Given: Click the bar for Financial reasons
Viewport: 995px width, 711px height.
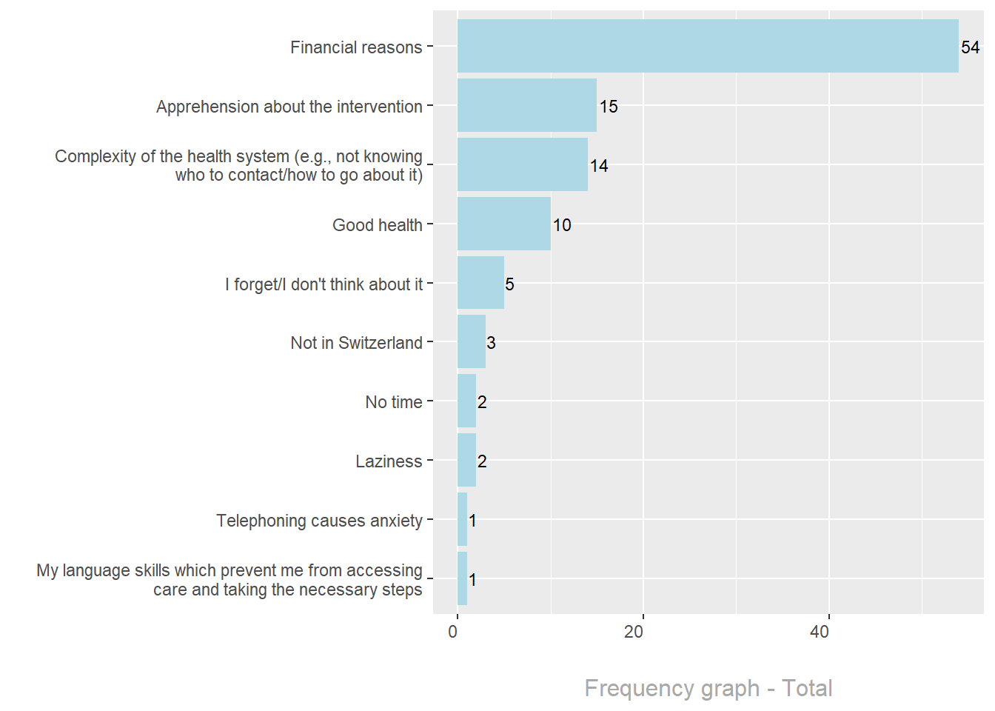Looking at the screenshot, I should (708, 46).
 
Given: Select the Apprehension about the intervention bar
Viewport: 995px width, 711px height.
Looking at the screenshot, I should (526, 105).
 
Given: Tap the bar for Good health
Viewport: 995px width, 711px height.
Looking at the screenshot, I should (503, 224).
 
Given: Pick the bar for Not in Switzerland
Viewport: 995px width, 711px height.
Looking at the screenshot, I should (471, 341).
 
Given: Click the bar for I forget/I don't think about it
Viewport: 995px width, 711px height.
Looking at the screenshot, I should (480, 283).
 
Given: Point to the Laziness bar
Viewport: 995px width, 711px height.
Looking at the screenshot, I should (466, 460).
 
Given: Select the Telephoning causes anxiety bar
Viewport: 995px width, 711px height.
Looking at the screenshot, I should (462, 519).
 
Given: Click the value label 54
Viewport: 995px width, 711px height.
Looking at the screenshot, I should (970, 47).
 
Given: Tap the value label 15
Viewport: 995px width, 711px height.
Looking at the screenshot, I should (609, 107).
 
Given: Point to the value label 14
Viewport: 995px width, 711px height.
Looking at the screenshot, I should (599, 166).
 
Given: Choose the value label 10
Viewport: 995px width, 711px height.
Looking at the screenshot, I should (562, 225).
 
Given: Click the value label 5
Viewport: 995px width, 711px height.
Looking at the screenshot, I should (509, 284).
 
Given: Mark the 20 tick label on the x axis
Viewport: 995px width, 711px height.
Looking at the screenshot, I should (634, 632).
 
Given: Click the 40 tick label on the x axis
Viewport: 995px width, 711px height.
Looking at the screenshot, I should (820, 632).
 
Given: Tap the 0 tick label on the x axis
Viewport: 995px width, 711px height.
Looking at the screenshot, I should (453, 632).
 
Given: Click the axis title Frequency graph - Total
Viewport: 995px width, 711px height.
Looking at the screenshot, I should (708, 688).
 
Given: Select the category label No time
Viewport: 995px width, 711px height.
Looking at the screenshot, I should (393, 402).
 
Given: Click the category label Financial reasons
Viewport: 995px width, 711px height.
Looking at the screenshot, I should (355, 47).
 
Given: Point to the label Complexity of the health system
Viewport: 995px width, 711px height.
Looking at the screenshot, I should (238, 166).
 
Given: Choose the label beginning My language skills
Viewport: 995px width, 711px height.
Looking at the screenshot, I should (230, 580).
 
